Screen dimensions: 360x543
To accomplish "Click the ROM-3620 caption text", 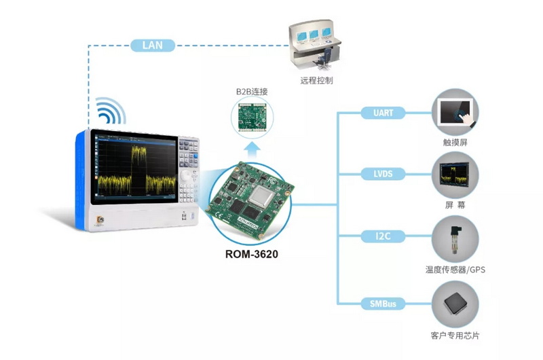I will pyautogui.click(x=252, y=255).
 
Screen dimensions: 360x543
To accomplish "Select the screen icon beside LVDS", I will pyautogui.click(x=455, y=175).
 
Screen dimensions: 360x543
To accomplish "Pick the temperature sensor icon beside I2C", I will pyautogui.click(x=455, y=238).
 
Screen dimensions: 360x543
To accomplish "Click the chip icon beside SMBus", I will pyautogui.click(x=455, y=304).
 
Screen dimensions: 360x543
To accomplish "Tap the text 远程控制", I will pyautogui.click(x=316, y=80).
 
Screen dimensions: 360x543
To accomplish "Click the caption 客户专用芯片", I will pyautogui.click(x=455, y=336).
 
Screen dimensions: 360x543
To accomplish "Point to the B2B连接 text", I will pyautogui.click(x=252, y=91).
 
